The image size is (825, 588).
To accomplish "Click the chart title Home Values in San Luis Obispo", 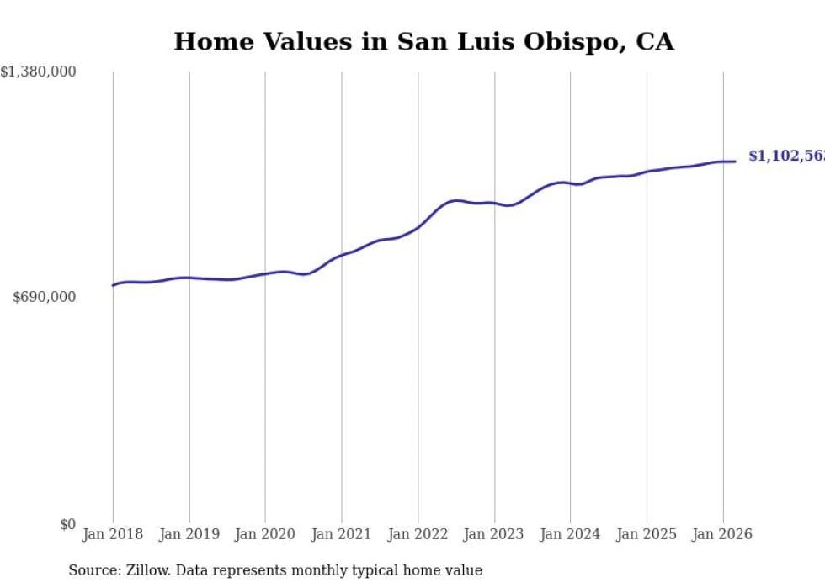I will coord(423,41).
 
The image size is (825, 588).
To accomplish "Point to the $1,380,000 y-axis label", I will coord(39,72).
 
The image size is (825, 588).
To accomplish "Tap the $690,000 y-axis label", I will coord(45,297).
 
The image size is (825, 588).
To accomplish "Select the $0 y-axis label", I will coord(67,524).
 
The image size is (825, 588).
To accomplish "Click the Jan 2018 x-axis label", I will coord(113,534).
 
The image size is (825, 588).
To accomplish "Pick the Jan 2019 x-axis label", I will coord(189,534).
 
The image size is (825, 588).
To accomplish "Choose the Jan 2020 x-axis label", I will coord(265,534).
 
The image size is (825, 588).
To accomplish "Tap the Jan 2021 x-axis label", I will coord(342,534).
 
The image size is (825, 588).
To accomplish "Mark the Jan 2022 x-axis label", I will coord(418,534).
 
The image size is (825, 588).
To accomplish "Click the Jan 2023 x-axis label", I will coord(494,534).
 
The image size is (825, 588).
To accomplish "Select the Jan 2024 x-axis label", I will coord(570,534).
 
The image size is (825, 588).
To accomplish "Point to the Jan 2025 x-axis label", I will coord(647,534).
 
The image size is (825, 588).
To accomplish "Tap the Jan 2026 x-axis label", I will coord(722,534).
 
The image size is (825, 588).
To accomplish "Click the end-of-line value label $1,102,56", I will coord(785,156).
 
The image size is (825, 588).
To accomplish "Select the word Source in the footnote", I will coord(93,570).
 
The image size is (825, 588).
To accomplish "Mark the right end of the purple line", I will coord(735,162).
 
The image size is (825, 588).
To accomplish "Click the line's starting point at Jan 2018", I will coord(113,285).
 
